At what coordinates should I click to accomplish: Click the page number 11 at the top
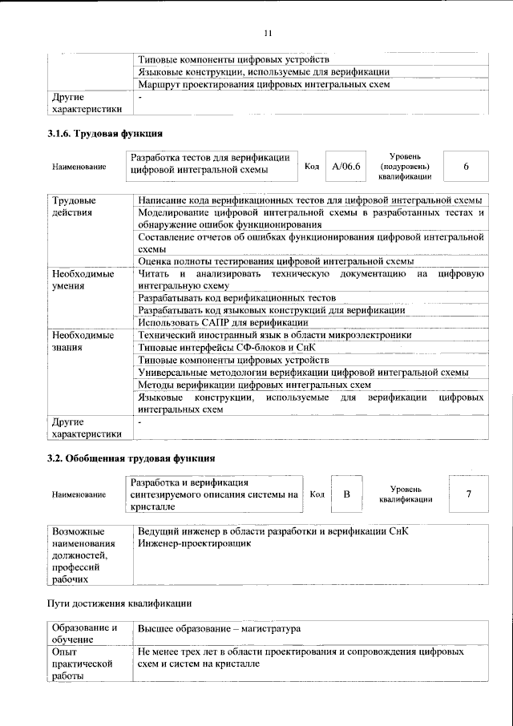pos(268,33)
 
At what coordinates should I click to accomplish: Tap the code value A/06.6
pos(347,166)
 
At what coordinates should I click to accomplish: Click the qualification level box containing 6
pos(466,166)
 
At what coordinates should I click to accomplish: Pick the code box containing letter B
pos(347,494)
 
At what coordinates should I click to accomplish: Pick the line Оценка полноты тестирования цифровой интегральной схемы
pos(276,260)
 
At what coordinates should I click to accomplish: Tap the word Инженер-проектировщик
pos(195,543)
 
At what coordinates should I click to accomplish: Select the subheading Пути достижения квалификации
pos(119,602)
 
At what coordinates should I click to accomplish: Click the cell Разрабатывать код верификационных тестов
pos(236,297)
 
